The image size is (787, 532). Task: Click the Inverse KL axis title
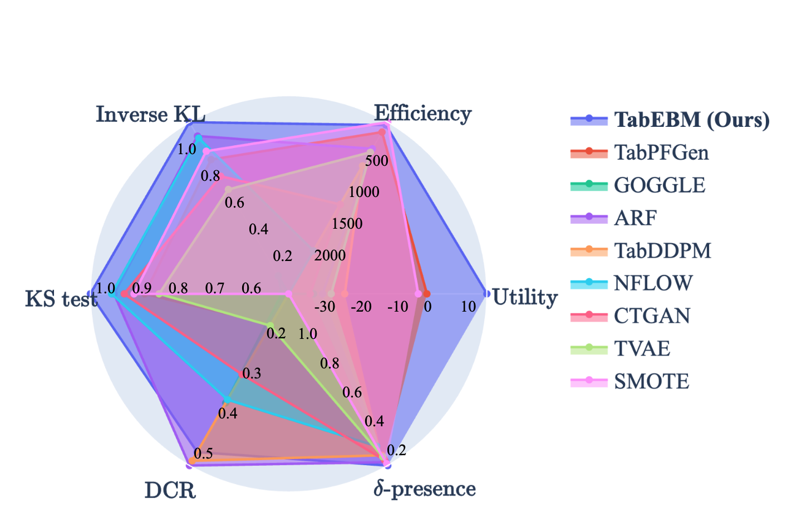pos(150,115)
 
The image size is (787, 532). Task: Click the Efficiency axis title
pos(422,114)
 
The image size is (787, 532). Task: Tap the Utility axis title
pos(525,298)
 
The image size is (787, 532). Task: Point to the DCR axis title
pos(170,491)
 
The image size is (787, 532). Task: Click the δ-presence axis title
pos(425,489)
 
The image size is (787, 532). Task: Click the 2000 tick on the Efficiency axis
pos(329,255)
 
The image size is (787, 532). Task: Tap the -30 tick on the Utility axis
pos(324,307)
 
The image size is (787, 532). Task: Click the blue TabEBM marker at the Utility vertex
pos(486,293)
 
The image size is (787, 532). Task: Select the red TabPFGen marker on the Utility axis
pos(426,293)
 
